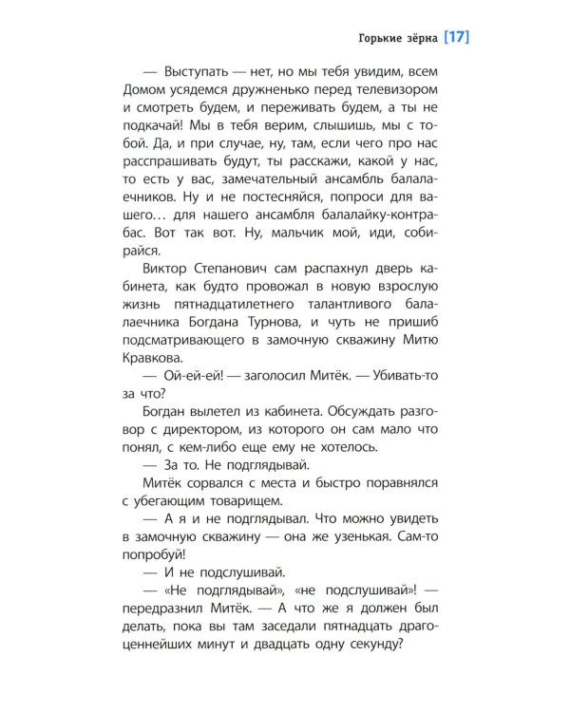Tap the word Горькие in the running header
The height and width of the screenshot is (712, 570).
370,40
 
